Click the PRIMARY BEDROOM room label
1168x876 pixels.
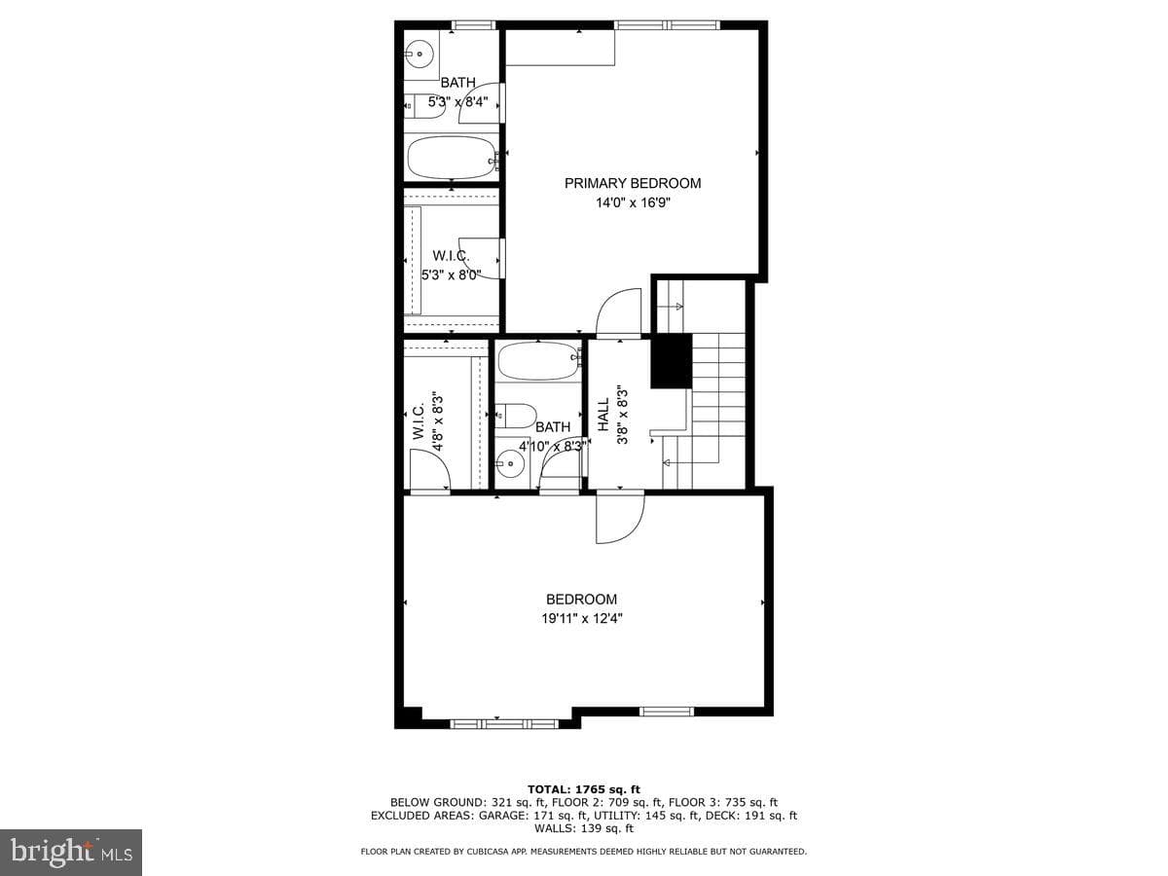(632, 184)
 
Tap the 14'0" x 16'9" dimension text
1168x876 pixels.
(632, 202)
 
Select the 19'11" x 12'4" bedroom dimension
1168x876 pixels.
(582, 619)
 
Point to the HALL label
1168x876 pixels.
(602, 415)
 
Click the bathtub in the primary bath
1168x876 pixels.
(452, 158)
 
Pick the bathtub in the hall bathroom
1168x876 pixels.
(538, 360)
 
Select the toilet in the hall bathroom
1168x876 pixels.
(515, 416)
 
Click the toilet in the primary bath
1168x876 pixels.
(425, 107)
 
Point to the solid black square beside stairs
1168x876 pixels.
(672, 360)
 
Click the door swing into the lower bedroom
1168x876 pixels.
(620, 519)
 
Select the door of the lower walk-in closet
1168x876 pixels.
(430, 469)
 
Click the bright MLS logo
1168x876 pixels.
(71, 852)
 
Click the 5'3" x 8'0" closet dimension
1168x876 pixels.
(452, 275)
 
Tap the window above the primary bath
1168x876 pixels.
(473, 25)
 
